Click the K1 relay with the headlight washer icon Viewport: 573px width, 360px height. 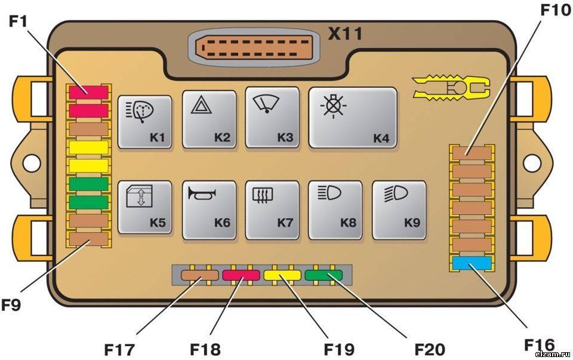pyautogui.click(x=144, y=122)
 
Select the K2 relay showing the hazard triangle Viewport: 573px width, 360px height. pyautogui.click(x=209, y=119)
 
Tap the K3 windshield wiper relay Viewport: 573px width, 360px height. pyautogui.click(x=272, y=118)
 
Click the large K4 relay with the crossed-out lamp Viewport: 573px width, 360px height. pyautogui.click(x=353, y=118)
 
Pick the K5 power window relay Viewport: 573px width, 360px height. pyautogui.click(x=144, y=207)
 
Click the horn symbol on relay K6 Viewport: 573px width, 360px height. pyautogui.click(x=202, y=193)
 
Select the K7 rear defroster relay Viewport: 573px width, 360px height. pyautogui.click(x=272, y=210)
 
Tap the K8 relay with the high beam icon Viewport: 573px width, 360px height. pyautogui.click(x=335, y=210)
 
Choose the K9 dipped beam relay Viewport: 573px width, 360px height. pyautogui.click(x=399, y=210)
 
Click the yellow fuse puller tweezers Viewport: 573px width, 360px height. pyautogui.click(x=451, y=88)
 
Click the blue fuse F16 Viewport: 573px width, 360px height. pyautogui.click(x=472, y=263)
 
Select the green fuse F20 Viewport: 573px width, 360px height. pyautogui.click(x=324, y=275)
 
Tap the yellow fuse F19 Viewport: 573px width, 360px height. pyautogui.click(x=282, y=275)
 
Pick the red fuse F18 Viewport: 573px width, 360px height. pyautogui.click(x=241, y=275)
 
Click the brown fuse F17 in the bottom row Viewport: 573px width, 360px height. pyautogui.click(x=201, y=275)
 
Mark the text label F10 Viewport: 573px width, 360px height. pyautogui.click(x=556, y=10)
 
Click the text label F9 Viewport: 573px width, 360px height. pyautogui.click(x=11, y=304)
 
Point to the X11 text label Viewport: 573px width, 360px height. pyautogui.click(x=346, y=33)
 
